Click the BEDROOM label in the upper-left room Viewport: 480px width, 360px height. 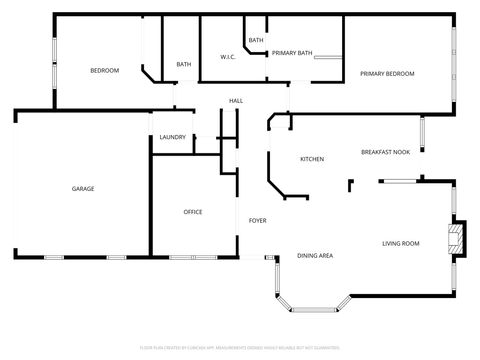(x=104, y=70)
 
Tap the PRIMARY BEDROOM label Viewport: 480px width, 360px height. (x=387, y=74)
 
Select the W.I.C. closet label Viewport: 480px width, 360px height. (x=228, y=57)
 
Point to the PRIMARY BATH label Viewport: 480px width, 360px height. (x=292, y=52)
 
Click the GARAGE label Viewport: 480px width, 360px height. (x=82, y=188)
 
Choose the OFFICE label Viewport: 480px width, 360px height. (x=193, y=212)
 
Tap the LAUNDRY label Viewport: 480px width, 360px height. (x=172, y=137)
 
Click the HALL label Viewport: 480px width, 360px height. (x=236, y=101)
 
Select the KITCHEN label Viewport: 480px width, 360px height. (x=312, y=159)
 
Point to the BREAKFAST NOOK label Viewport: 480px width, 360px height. (x=385, y=152)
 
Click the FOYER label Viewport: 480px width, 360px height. (x=257, y=220)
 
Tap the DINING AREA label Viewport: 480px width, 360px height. (x=315, y=256)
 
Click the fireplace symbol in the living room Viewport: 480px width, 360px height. (x=457, y=237)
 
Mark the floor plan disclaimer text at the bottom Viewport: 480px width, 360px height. (x=240, y=349)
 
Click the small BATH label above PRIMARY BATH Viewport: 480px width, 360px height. (x=256, y=40)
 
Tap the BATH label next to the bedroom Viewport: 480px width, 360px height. (x=184, y=65)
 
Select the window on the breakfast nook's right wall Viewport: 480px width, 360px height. (x=422, y=132)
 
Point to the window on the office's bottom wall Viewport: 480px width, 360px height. (x=193, y=257)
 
